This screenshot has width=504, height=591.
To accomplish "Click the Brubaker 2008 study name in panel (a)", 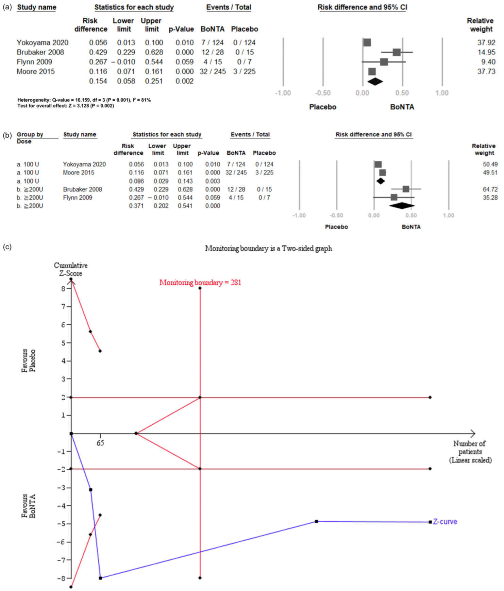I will pos(40,52).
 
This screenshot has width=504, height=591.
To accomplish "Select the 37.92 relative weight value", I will pos(486,43).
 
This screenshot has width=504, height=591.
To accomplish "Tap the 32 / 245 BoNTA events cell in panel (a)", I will pos(213,71).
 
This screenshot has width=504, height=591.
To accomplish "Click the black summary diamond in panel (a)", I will pos(375,81).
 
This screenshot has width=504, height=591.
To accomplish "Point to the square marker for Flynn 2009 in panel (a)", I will pos(384,62).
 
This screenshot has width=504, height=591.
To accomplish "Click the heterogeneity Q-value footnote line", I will pos(84,100).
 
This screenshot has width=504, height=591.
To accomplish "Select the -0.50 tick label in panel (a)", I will pos(322,93).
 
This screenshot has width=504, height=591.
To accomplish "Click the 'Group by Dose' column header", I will pos(30,138).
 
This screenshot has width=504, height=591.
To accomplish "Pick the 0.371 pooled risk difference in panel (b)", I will pos(136,206).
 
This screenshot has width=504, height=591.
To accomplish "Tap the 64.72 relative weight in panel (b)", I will pos(490,189).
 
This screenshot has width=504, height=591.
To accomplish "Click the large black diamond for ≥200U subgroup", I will pos(402,205).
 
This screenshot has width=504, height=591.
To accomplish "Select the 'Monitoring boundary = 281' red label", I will pos(200,283).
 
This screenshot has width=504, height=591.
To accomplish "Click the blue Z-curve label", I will pos(445,521).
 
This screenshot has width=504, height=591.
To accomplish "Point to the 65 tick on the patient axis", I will pos(100,443).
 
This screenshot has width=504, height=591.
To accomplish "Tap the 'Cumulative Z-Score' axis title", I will pos(71,269).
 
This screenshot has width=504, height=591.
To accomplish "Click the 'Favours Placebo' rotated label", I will pos(29,360).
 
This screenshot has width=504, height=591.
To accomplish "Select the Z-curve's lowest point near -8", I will pos(100,578).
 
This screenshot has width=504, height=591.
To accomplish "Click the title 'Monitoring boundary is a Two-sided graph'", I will pos(268,249).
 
